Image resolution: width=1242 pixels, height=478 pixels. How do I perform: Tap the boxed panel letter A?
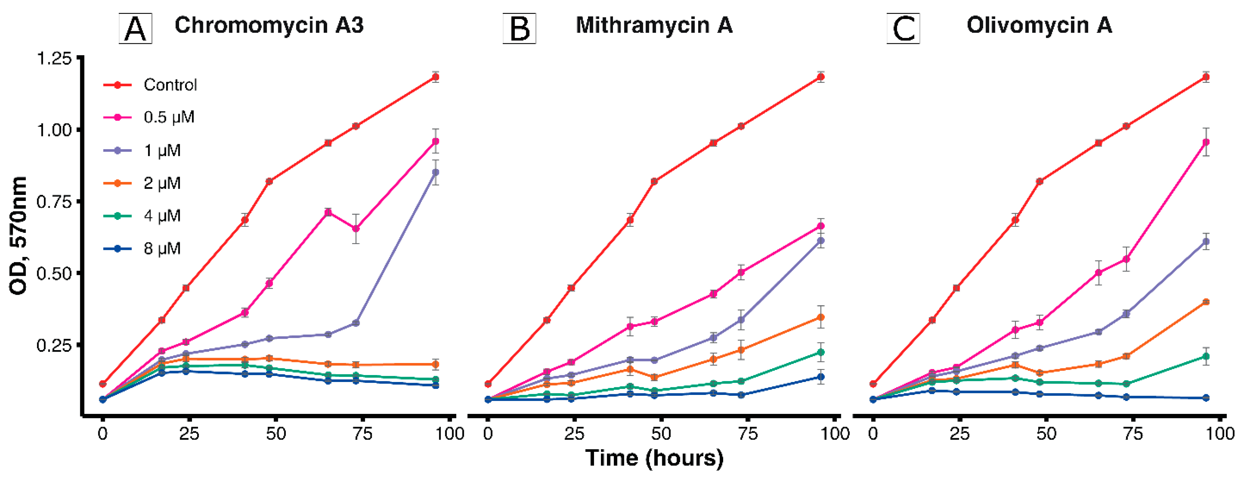135,29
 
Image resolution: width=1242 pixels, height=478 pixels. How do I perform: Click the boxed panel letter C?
903,29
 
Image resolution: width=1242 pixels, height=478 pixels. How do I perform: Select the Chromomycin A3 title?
269,25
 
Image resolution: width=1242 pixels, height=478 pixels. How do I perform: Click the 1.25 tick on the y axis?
54,58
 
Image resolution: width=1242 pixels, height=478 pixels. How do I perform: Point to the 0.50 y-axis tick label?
54,274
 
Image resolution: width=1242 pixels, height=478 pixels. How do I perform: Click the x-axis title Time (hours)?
654,457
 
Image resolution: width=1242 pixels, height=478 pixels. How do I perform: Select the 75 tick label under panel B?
748,434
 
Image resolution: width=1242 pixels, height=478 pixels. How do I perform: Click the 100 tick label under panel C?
1220,434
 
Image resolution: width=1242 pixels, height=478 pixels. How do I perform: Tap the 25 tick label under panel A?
189,434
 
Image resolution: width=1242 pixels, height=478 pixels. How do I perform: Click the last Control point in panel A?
435,77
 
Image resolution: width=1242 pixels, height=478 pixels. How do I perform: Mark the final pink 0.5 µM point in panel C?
1206,142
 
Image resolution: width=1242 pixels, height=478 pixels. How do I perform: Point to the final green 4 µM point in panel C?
1206,356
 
